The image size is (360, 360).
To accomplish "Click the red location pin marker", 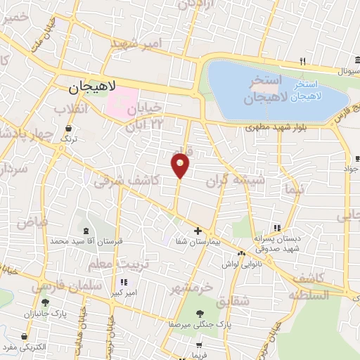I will tap(180, 166).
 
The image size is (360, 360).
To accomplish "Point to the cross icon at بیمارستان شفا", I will tap(198, 231).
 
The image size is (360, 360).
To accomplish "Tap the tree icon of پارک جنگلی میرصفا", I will tap(199, 314).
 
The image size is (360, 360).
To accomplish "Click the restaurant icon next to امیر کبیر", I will tap(124, 282).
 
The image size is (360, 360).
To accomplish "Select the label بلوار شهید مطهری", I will tap(273, 129).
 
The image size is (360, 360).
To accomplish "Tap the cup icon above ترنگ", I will tap(69, 129).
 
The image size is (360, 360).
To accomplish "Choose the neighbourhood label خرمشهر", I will tap(191, 288).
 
